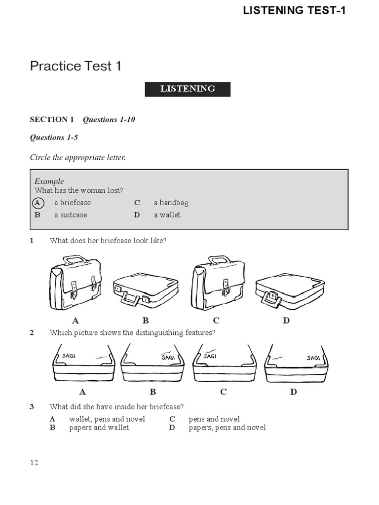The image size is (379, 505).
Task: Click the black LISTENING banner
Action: click(188, 89)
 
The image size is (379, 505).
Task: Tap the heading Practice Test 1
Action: click(76, 66)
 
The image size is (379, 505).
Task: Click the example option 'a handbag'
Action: click(171, 203)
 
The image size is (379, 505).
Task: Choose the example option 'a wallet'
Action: click(167, 215)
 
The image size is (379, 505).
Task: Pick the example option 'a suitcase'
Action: click(71, 215)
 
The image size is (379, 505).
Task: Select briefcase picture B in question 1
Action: click(145, 293)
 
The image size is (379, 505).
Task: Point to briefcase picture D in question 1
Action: click(290, 293)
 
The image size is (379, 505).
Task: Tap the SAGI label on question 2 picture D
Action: click(313, 358)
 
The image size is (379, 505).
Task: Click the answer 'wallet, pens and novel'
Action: click(107, 419)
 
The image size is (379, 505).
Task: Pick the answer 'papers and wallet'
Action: click(99, 428)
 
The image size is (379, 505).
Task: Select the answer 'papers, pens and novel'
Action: click(227, 428)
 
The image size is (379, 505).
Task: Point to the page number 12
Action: click(34, 463)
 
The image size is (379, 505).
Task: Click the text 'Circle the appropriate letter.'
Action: click(78, 158)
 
